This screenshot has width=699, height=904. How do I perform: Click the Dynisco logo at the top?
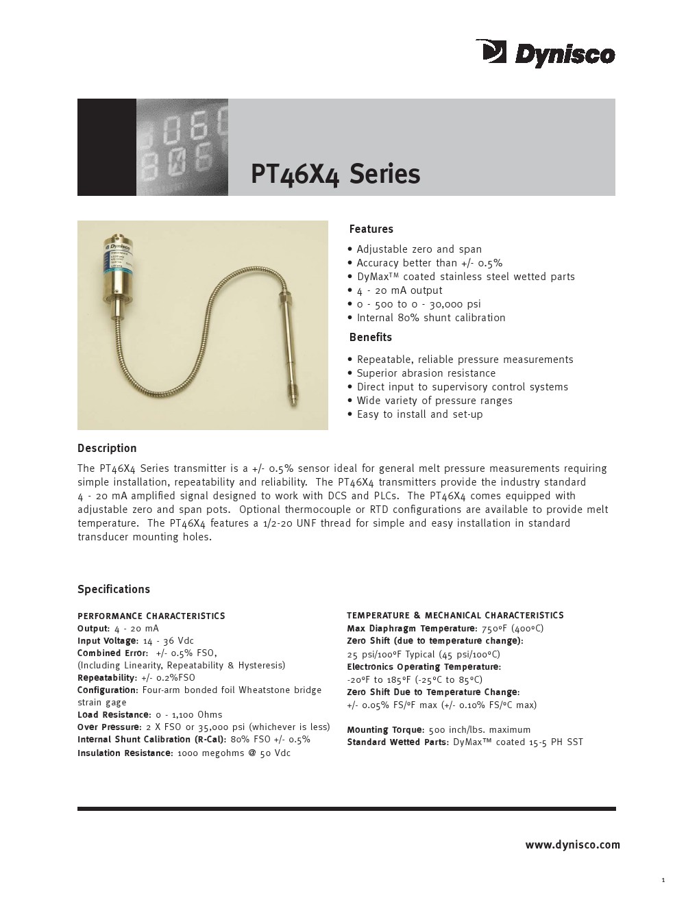(x=546, y=53)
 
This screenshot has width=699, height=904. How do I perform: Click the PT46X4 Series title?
(x=335, y=174)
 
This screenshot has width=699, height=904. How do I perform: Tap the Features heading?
(x=371, y=229)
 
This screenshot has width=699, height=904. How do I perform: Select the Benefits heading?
(x=370, y=338)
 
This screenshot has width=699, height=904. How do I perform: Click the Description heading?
(x=107, y=449)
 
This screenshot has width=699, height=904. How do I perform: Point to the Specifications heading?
(x=114, y=590)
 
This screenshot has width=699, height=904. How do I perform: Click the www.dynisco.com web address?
(x=572, y=845)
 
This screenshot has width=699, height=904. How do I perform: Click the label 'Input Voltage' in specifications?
(x=108, y=641)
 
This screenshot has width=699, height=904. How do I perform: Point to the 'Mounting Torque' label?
(x=384, y=730)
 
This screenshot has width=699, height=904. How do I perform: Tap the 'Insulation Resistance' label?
(x=125, y=753)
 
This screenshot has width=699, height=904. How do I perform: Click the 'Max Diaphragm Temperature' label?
(x=411, y=629)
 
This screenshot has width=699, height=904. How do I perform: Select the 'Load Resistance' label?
(x=113, y=715)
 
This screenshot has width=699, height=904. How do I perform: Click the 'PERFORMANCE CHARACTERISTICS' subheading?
(x=151, y=616)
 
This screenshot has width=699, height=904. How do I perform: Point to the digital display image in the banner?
(x=182, y=147)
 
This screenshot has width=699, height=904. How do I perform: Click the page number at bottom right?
(x=663, y=881)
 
